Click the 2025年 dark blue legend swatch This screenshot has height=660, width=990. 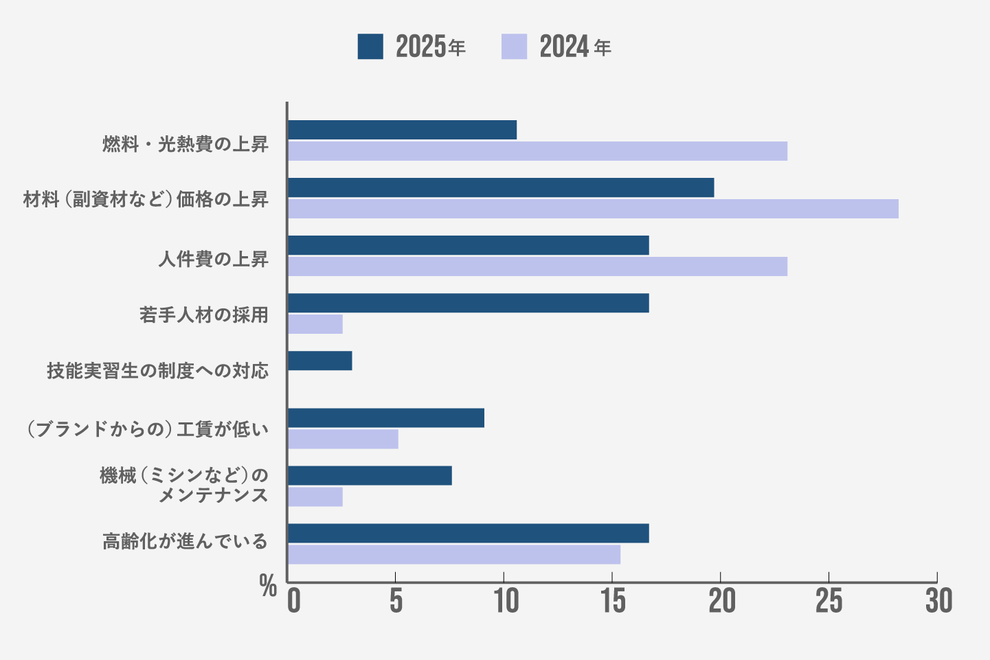pyautogui.click(x=370, y=47)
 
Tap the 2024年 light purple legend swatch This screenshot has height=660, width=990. pyautogui.click(x=514, y=47)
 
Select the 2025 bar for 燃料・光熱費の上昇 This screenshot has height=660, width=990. pyautogui.click(x=402, y=130)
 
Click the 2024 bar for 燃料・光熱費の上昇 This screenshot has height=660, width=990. pyautogui.click(x=537, y=151)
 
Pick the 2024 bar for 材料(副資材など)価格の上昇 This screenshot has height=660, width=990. pyautogui.click(x=593, y=209)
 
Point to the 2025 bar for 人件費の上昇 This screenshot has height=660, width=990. pyautogui.click(x=468, y=245)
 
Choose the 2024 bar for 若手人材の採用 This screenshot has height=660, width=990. pyautogui.click(x=315, y=324)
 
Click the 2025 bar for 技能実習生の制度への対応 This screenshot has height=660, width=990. pyautogui.click(x=319, y=361)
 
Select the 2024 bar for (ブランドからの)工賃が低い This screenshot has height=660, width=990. pyautogui.click(x=343, y=440)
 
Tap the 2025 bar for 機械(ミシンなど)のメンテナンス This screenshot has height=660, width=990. pyautogui.click(x=370, y=475)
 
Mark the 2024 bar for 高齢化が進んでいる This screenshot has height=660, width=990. pyautogui.click(x=454, y=555)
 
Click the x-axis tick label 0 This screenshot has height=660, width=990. pyautogui.click(x=294, y=602)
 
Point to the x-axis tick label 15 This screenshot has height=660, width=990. pyautogui.click(x=613, y=602)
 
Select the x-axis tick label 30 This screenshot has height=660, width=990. pyautogui.click(x=938, y=602)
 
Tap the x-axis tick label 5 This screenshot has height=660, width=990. pyautogui.click(x=396, y=602)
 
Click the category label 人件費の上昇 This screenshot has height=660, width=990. pyautogui.click(x=213, y=259)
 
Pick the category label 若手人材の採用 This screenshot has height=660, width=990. pyautogui.click(x=203, y=315)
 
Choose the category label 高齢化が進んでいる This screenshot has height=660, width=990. pyautogui.click(x=185, y=541)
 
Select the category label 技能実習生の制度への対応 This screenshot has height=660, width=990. pyautogui.click(x=157, y=371)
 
